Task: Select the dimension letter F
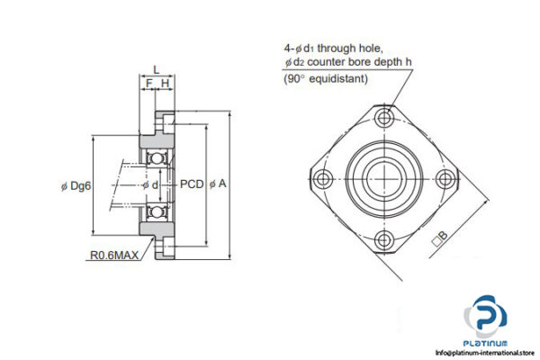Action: (x=148, y=84)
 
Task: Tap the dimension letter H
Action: (x=165, y=84)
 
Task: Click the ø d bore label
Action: (x=154, y=184)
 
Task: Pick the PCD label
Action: (x=191, y=184)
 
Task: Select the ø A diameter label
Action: (x=218, y=184)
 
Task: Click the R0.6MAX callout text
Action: (x=114, y=256)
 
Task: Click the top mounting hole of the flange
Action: (x=384, y=117)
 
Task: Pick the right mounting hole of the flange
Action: (x=445, y=177)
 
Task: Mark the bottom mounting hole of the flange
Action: (x=384, y=238)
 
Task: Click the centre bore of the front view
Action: (x=384, y=177)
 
